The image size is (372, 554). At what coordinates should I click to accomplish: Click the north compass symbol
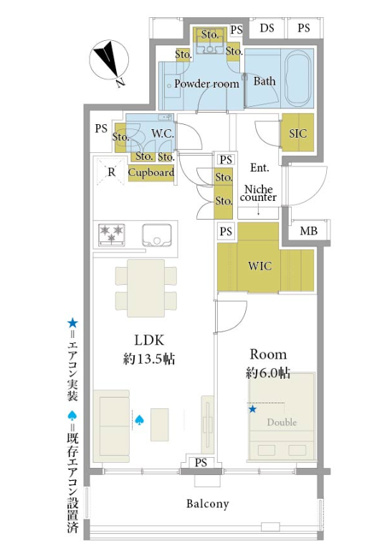click(x=109, y=61)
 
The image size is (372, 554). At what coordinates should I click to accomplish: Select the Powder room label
click(x=206, y=84)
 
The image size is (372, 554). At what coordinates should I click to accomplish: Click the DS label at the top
click(x=267, y=28)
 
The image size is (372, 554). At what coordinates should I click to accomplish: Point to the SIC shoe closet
click(x=297, y=133)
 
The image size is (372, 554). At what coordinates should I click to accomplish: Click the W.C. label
click(x=163, y=133)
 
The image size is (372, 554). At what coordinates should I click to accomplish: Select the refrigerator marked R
click(x=111, y=171)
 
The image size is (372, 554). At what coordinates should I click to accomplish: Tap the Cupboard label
click(x=151, y=172)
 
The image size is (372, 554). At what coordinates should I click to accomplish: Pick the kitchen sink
click(x=157, y=235)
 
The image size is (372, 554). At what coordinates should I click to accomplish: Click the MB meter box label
click(x=308, y=231)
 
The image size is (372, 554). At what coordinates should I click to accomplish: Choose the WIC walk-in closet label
click(x=259, y=266)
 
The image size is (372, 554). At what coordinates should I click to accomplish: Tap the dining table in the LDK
click(x=146, y=288)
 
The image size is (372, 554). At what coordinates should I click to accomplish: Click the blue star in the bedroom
click(x=252, y=409)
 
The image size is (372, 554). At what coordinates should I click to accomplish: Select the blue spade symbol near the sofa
click(x=140, y=420)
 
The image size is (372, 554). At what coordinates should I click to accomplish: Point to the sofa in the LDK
click(x=111, y=426)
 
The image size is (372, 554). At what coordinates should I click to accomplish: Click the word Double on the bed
click(x=282, y=422)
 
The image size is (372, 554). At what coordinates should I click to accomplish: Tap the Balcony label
click(x=208, y=504)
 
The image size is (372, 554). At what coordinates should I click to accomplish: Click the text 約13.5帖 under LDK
click(x=149, y=359)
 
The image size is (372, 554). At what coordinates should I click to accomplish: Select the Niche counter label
click(x=258, y=193)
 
